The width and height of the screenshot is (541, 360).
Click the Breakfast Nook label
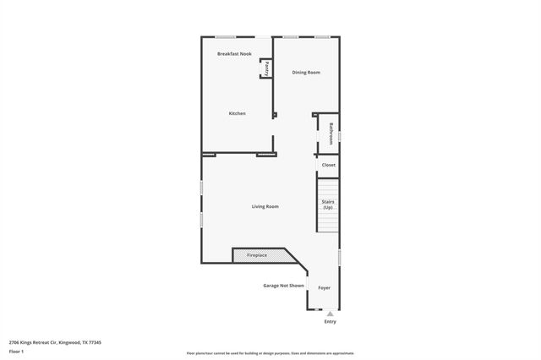(x=234, y=53)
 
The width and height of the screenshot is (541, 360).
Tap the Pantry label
(x=266, y=68)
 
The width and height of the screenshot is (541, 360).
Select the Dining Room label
(x=306, y=73)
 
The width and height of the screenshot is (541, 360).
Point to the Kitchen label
(x=237, y=113)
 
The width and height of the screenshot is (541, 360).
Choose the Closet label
(x=329, y=165)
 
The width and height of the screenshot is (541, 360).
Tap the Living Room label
(x=265, y=206)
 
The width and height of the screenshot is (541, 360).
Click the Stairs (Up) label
(x=328, y=204)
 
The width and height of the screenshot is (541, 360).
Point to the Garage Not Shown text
(x=283, y=286)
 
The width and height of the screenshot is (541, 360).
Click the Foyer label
(x=324, y=287)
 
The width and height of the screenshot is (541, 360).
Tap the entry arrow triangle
(x=330, y=314)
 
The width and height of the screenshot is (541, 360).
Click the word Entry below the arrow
(x=330, y=322)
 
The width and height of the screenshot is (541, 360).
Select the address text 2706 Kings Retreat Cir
(x=33, y=341)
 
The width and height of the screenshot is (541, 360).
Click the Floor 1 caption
(x=16, y=351)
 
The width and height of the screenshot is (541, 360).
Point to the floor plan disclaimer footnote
(x=270, y=353)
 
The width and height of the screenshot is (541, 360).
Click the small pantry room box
(x=265, y=68)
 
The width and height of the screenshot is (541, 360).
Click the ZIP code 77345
(x=95, y=341)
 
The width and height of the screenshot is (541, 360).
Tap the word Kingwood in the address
(x=69, y=341)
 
